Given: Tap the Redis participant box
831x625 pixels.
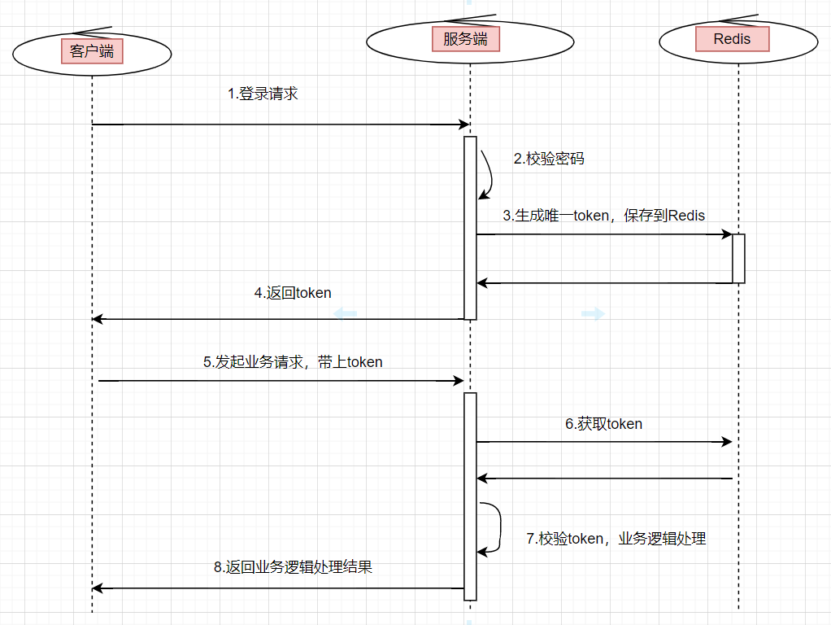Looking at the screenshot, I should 732,39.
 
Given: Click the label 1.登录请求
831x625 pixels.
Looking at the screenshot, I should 263,94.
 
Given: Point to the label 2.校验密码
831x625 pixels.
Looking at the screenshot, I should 549,159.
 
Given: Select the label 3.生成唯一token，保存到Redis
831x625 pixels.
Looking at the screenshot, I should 603,216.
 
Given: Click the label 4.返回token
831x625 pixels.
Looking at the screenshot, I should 293,293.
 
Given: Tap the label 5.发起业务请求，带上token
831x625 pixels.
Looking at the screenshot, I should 293,362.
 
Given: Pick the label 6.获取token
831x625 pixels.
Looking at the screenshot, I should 603,423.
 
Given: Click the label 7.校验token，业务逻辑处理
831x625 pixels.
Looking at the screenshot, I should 616,538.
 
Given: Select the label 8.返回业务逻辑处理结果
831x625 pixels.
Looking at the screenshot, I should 293,567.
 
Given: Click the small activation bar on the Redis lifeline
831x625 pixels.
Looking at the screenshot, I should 738,259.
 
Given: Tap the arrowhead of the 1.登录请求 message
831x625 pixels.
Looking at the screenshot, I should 465,125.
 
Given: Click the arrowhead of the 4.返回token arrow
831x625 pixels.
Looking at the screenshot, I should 97,319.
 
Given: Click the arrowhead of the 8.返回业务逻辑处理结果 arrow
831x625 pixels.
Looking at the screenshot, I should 97,588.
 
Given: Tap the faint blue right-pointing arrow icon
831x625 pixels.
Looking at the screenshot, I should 594,313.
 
